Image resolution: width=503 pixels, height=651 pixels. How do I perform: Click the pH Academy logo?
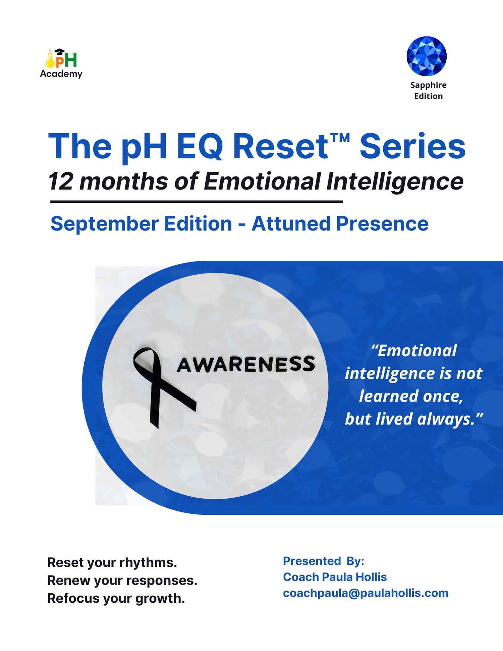click(61, 63)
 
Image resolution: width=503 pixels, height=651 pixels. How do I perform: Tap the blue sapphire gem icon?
click(427, 56)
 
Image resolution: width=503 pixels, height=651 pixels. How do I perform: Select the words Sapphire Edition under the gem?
click(428, 91)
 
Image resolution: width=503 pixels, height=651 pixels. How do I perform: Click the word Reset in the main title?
click(280, 146)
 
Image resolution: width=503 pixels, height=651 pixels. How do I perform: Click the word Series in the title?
click(412, 146)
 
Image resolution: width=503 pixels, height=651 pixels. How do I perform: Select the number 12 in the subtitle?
click(61, 182)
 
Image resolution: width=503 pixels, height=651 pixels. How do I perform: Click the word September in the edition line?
click(105, 224)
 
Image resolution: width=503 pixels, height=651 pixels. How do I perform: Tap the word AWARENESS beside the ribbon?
click(246, 365)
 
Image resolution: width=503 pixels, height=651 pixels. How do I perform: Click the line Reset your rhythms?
click(112, 563)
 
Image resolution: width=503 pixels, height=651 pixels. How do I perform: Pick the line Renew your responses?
click(122, 581)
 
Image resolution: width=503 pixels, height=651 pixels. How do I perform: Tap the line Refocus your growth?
click(116, 599)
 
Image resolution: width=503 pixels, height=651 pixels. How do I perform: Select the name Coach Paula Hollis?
click(335, 577)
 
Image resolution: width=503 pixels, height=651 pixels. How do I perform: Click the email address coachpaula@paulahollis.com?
click(366, 593)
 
